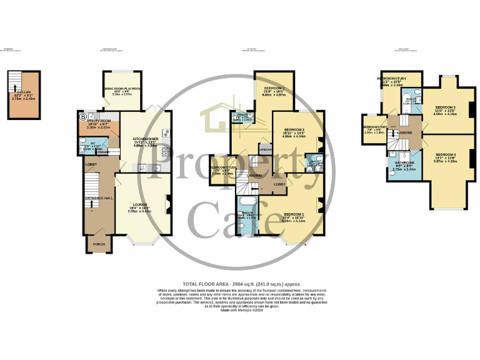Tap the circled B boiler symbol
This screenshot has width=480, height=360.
click(x=82, y=116)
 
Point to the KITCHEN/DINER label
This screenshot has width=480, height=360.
click(x=143, y=139)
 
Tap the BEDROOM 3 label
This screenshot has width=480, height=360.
click(x=274, y=88)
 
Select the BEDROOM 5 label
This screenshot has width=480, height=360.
click(x=445, y=107)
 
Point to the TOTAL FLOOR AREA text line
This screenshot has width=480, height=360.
click(x=239, y=283)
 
